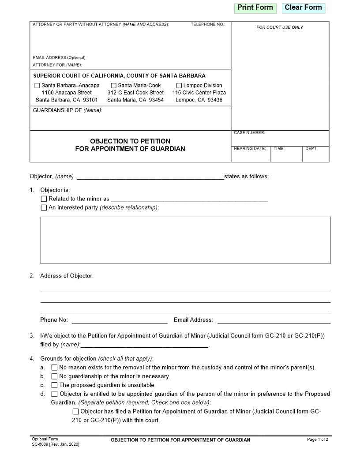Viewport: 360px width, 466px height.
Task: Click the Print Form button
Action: click(x=255, y=8)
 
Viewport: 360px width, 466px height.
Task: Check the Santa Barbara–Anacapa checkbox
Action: click(x=37, y=86)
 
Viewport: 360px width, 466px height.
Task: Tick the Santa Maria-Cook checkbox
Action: click(x=114, y=86)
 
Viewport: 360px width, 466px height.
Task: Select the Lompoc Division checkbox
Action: click(x=179, y=86)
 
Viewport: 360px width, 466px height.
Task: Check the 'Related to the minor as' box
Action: click(x=44, y=199)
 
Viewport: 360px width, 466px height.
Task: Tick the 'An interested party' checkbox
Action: click(x=44, y=207)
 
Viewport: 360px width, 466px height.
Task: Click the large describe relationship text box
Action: click(x=185, y=240)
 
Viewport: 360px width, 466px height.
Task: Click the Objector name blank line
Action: click(x=150, y=177)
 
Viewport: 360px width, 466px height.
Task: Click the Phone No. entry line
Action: click(x=120, y=320)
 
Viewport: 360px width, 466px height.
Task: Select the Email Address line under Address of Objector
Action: click(x=274, y=320)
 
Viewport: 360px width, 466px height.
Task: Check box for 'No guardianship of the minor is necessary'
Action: click(x=54, y=376)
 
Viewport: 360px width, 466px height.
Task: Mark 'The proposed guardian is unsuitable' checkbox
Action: click(x=54, y=385)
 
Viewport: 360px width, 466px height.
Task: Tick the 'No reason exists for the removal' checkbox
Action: click(x=54, y=368)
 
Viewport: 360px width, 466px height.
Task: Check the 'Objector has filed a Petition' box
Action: click(x=75, y=412)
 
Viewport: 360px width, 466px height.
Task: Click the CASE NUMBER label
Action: click(x=249, y=133)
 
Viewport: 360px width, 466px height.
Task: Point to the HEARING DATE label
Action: click(x=250, y=149)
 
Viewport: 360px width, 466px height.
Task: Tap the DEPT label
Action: click(x=311, y=149)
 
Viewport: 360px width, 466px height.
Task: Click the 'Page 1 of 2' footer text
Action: click(x=317, y=440)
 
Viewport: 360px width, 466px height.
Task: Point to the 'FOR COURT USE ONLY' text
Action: click(x=280, y=27)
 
